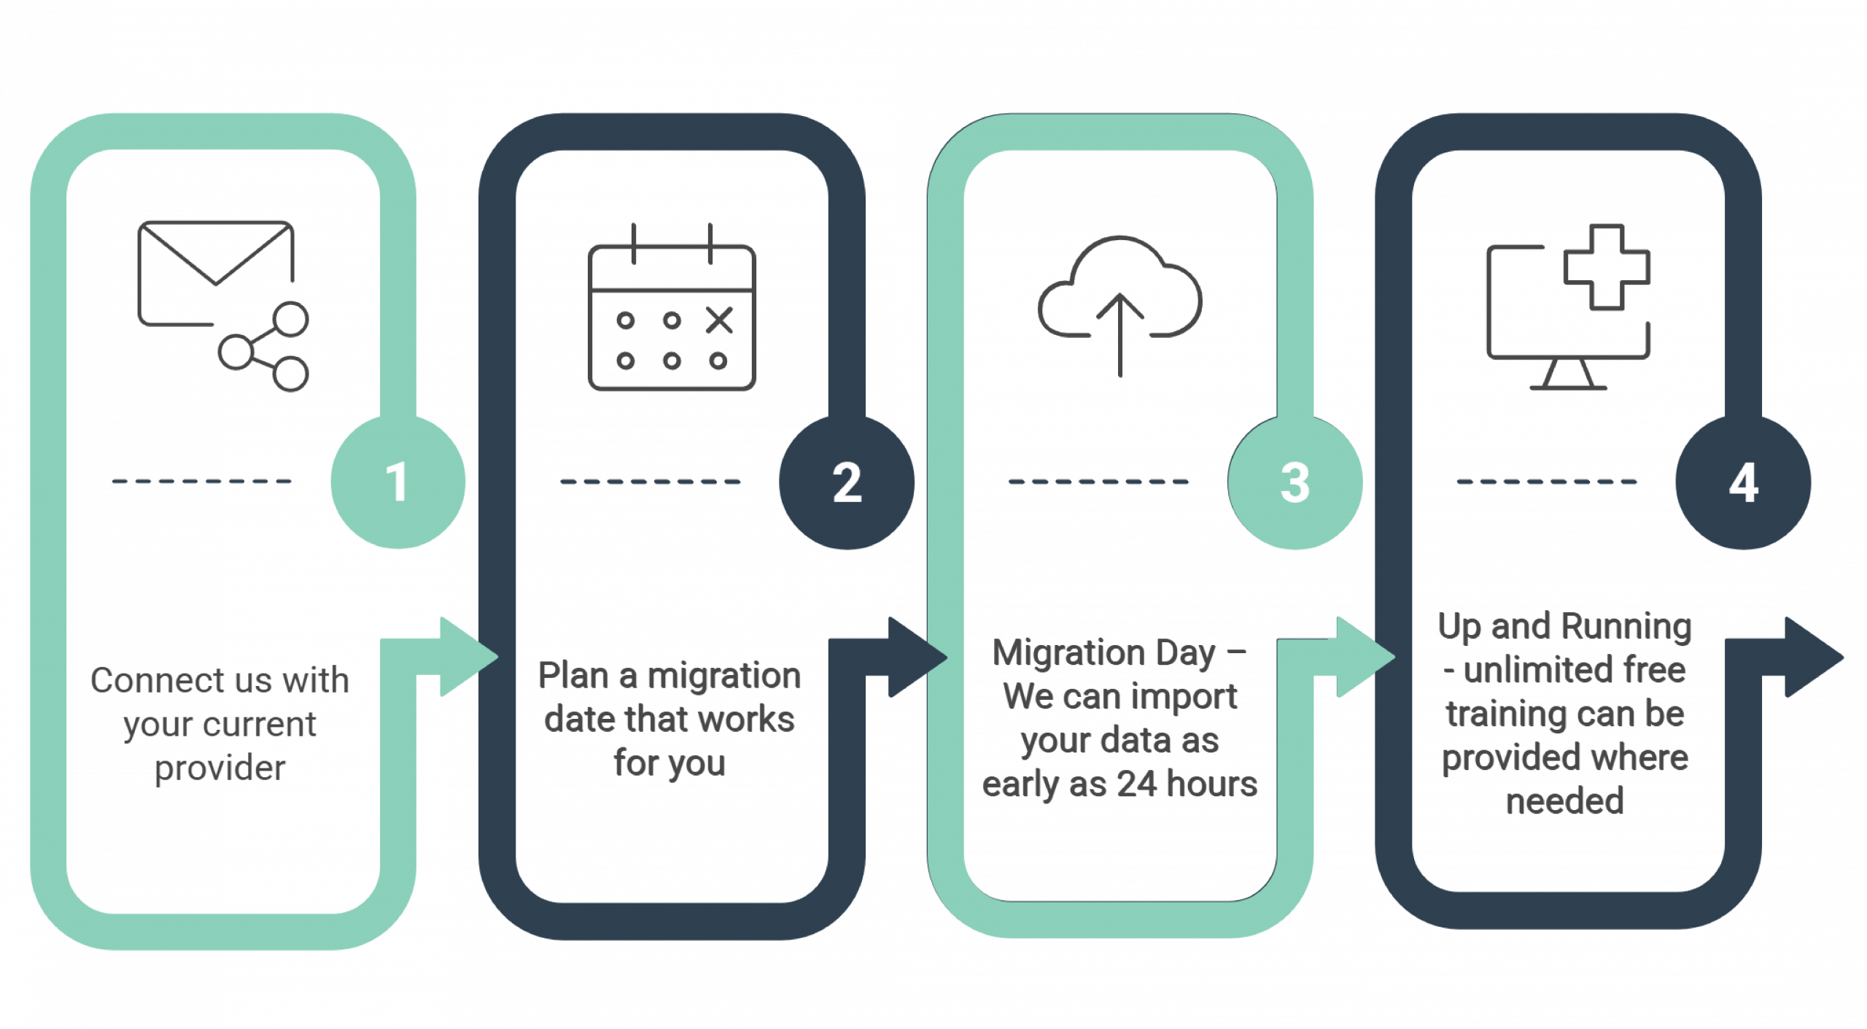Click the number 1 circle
397,482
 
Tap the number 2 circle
846,482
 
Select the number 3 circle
1295,482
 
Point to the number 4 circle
1743,482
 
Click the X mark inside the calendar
719,320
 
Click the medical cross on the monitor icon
1607,266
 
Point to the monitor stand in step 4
1567,376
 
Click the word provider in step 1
220,768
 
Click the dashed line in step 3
1098,482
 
